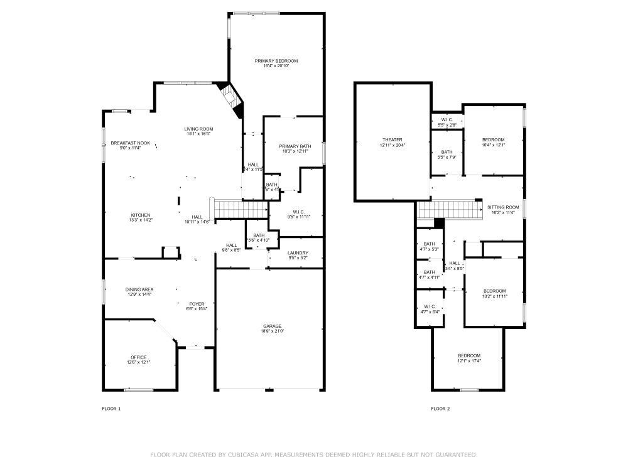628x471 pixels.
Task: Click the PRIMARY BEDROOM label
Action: click(276, 61)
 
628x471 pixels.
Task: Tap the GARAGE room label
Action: click(272, 326)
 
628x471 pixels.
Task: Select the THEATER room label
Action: click(392, 139)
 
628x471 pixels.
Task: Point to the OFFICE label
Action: click(138, 357)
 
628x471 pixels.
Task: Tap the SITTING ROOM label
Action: click(503, 207)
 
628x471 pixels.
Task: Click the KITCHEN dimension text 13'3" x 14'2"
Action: click(141, 220)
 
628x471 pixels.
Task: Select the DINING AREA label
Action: click(139, 290)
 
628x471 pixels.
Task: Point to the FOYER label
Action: click(196, 303)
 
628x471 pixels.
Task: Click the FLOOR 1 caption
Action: click(111, 409)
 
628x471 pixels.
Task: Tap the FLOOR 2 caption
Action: click(440, 409)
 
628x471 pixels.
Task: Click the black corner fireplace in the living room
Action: click(232, 99)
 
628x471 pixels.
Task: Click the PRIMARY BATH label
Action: click(294, 146)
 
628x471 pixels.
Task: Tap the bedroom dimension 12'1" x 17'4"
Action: click(469, 361)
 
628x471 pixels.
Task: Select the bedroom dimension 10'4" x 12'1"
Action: click(494, 145)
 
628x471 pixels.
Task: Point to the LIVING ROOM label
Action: click(198, 129)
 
